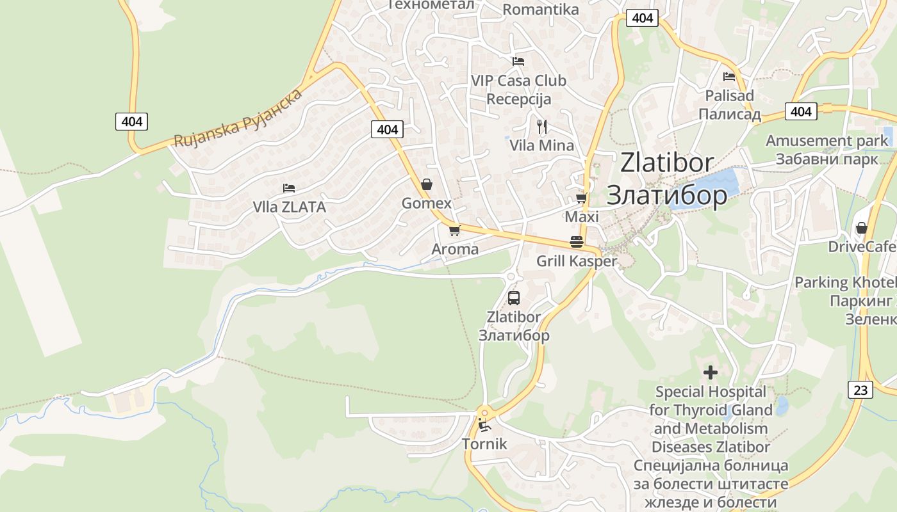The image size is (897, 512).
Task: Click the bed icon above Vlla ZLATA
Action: coord(289,188)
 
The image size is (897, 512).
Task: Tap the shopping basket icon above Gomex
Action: coord(426,185)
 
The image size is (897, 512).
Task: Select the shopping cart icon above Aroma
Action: coord(454,230)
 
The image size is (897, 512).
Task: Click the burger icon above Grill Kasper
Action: coord(576,242)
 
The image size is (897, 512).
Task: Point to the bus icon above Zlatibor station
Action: coord(513,298)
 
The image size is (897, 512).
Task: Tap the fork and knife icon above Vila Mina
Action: coord(542,126)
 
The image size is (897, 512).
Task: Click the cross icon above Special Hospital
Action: coord(710,372)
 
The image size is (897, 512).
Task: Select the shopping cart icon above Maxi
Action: coord(581,198)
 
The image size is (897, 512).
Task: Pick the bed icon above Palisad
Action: coord(729,77)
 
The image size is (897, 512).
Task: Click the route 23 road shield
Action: coord(860,390)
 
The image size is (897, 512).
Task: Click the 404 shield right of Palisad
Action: coord(800,111)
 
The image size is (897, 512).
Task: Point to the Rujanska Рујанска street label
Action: coord(238,118)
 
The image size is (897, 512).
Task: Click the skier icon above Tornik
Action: coord(484,424)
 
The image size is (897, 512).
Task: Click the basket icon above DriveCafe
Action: coord(862,228)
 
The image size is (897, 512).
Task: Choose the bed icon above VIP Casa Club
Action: coord(518,61)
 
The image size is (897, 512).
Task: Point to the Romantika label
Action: coord(540,9)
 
